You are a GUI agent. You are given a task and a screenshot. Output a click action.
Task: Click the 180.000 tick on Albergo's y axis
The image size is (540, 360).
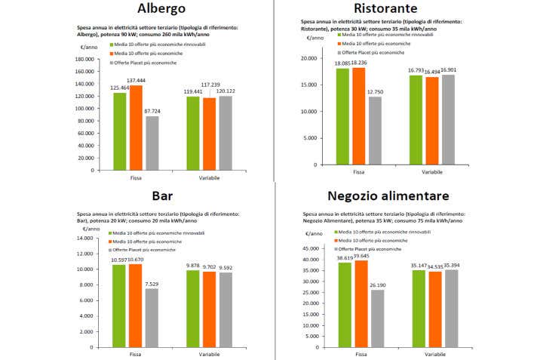pos(84,60)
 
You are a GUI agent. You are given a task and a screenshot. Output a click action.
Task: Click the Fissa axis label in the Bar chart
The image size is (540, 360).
pos(136,355)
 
